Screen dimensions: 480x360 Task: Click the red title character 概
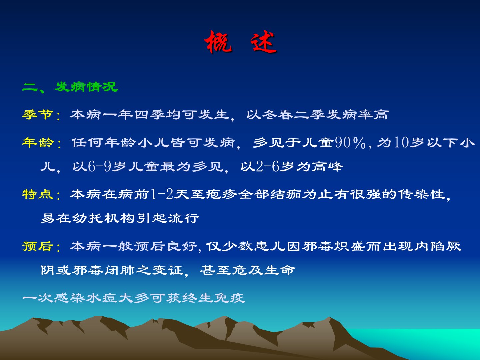pos(218,42)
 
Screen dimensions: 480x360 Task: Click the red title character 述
pos(263,42)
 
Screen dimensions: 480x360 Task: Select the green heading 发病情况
pos(86,87)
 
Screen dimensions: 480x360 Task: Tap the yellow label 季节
pos(38,114)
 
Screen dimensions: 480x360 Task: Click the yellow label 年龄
pos(38,142)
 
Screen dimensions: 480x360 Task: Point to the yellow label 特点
pos(38,194)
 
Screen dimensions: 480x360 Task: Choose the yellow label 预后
pos(38,246)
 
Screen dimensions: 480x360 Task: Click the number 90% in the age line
pos(350,143)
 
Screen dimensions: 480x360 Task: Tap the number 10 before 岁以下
pos(401,143)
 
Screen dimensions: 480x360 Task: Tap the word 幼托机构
pos(103,218)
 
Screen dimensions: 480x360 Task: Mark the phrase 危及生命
pos(264,270)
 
